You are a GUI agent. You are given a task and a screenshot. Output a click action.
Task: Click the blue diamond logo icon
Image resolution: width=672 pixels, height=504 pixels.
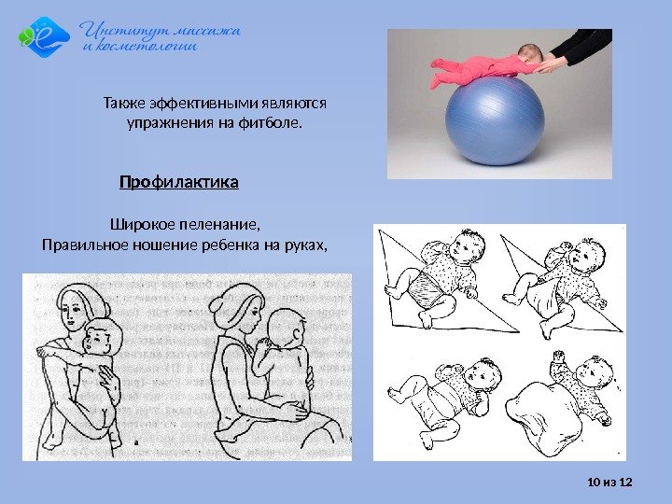[x=44, y=36]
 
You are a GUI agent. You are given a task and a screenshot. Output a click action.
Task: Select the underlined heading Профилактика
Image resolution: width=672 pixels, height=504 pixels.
[x=179, y=182]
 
